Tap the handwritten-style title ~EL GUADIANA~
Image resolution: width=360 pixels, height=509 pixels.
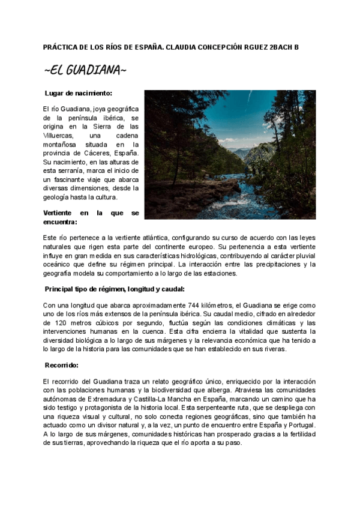[x=85, y=71]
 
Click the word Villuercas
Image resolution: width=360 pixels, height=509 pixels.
[x=61, y=135]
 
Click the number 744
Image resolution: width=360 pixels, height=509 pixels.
[x=190, y=305]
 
